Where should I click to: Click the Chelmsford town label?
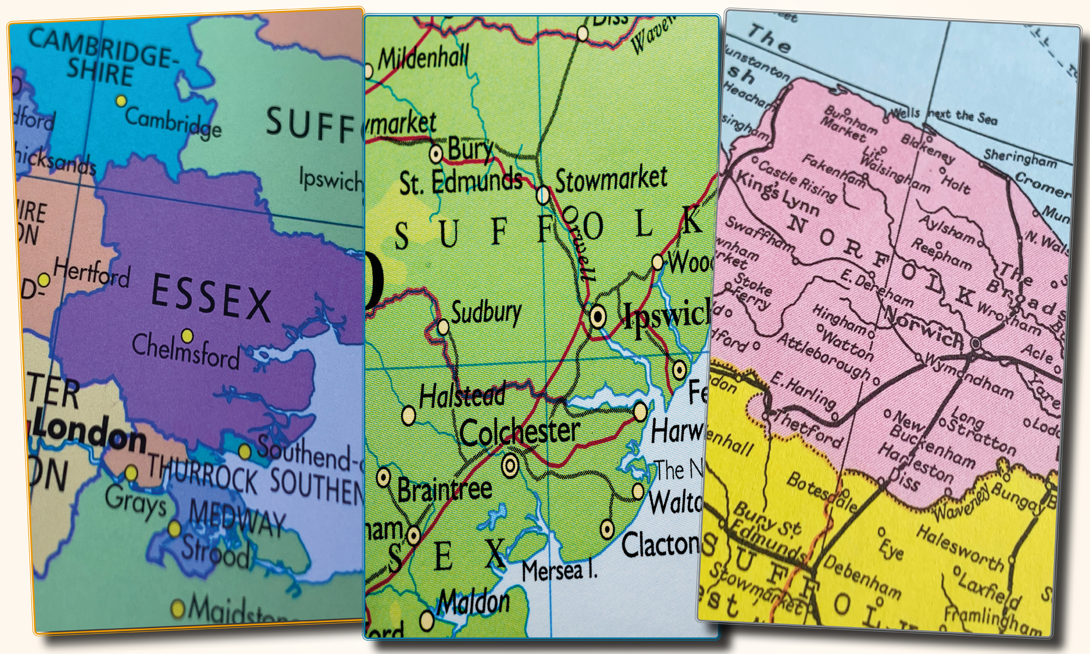185,352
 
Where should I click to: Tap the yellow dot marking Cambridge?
122,101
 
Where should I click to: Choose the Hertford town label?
92,272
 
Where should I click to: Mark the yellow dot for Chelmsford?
187,335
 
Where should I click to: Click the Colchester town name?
519,432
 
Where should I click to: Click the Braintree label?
444,489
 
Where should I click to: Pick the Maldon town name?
474,602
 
